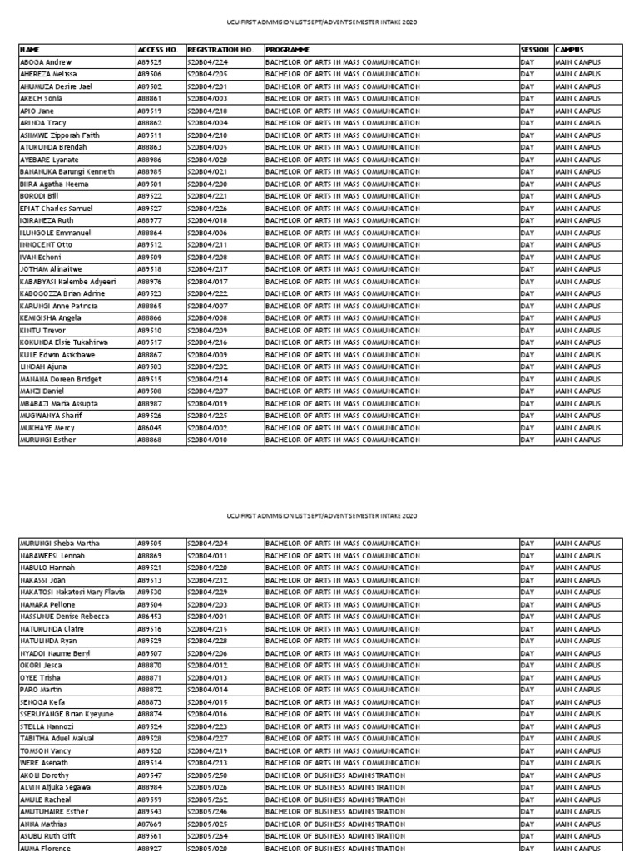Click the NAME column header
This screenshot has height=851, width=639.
[x=30, y=50]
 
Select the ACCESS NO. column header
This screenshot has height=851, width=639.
[x=154, y=50]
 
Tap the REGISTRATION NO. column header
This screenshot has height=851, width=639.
[x=220, y=50]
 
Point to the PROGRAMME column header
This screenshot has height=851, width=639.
[x=287, y=50]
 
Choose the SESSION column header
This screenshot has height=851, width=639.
[x=535, y=50]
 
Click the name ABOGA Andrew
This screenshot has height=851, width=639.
[x=46, y=62]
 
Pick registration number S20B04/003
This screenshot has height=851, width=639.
[x=209, y=99]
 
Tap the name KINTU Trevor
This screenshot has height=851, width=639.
[x=42, y=330]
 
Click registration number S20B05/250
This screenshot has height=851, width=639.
[x=209, y=775]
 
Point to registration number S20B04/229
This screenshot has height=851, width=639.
[x=209, y=592]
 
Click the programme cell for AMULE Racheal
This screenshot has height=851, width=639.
[x=334, y=799]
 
